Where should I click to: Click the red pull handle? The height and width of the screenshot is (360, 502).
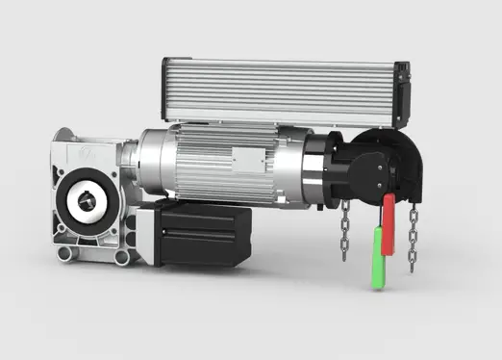point(388,224)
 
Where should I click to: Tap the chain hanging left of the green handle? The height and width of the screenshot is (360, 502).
point(344,231)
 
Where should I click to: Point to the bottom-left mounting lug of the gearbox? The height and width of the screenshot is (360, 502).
point(64,254)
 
